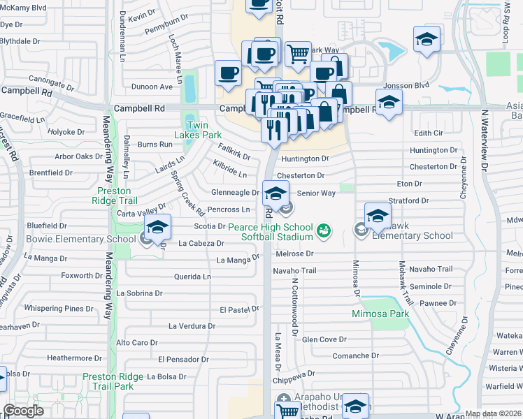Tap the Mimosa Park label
point(380,314)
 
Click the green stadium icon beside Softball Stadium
point(323,229)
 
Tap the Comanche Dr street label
point(355,355)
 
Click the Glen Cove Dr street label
point(324,339)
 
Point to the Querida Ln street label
point(192,277)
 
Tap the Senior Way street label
point(316,193)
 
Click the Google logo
point(24,411)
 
